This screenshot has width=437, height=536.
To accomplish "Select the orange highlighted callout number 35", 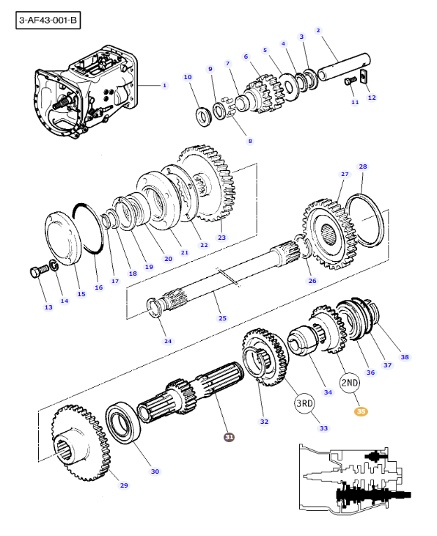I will coord(361,411).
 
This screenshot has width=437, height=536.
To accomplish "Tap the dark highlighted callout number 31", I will coord(229,437).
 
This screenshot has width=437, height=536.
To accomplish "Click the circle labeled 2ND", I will coord(350,383).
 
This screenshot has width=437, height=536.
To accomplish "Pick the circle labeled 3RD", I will coord(305,403).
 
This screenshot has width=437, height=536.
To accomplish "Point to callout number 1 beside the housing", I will coord(164,85).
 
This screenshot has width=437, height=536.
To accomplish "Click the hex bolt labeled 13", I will coord(37,273).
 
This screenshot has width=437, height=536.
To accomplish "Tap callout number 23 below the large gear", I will coord(221,238).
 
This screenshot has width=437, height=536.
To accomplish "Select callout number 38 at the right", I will coord(404,357).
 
